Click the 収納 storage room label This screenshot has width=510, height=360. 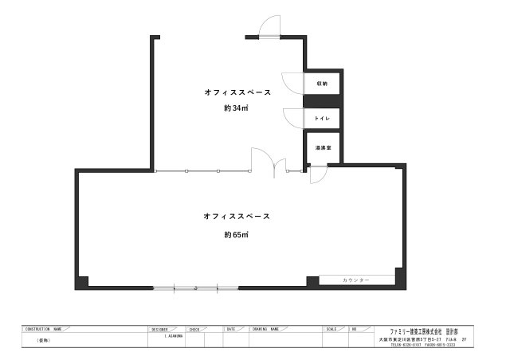[322, 84]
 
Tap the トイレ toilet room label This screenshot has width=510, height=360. [322, 119]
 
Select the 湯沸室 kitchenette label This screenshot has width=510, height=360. [322, 148]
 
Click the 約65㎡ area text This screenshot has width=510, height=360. [236, 234]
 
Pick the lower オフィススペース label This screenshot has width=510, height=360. [237, 216]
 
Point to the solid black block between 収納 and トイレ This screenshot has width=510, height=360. [323, 100]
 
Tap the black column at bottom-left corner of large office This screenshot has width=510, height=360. [83, 281]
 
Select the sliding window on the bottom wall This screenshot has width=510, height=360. [196, 287]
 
